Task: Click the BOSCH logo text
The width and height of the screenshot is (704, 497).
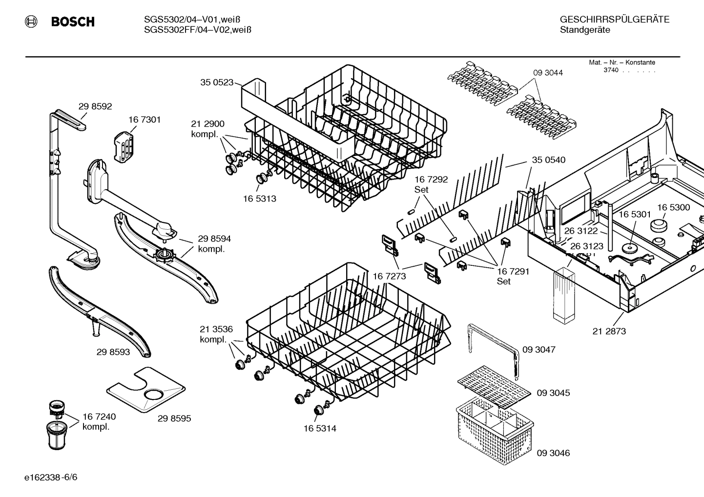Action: pyautogui.click(x=73, y=22)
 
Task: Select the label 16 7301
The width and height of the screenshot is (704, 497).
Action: pyautogui.click(x=145, y=119)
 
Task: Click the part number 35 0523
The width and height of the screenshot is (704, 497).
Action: pyautogui.click(x=217, y=82)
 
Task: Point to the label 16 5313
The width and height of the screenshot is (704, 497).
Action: pyautogui.click(x=259, y=199)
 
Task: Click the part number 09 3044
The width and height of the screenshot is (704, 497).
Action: pyautogui.click(x=548, y=73)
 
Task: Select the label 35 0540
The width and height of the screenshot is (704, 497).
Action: pyautogui.click(x=548, y=160)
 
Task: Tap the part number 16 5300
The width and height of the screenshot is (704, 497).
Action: pyautogui.click(x=673, y=207)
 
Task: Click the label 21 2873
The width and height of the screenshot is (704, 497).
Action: pyautogui.click(x=609, y=331)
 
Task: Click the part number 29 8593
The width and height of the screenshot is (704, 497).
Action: pyautogui.click(x=113, y=352)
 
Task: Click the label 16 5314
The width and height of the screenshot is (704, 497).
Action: pyautogui.click(x=320, y=428)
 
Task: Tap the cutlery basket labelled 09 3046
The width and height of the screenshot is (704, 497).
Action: pyautogui.click(x=493, y=429)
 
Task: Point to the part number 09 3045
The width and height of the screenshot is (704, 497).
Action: pyautogui.click(x=553, y=393)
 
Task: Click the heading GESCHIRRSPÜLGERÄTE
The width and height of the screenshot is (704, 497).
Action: pyautogui.click(x=614, y=20)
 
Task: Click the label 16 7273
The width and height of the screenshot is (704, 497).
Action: pyautogui.click(x=389, y=276)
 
